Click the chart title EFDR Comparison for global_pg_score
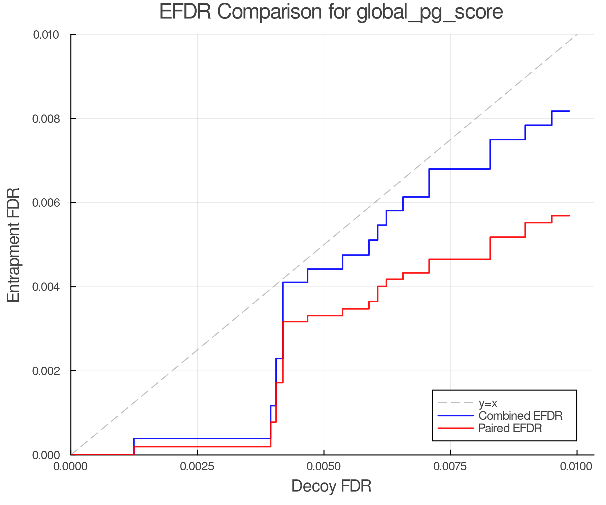331,12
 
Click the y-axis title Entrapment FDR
13,245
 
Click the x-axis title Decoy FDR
331,486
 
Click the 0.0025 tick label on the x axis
197,467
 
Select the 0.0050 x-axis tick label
324,467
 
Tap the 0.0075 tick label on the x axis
450,467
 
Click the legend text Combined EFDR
520,416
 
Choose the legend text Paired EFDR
510,428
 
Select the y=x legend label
488,403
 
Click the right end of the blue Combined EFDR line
569,111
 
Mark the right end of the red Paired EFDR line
569,216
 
